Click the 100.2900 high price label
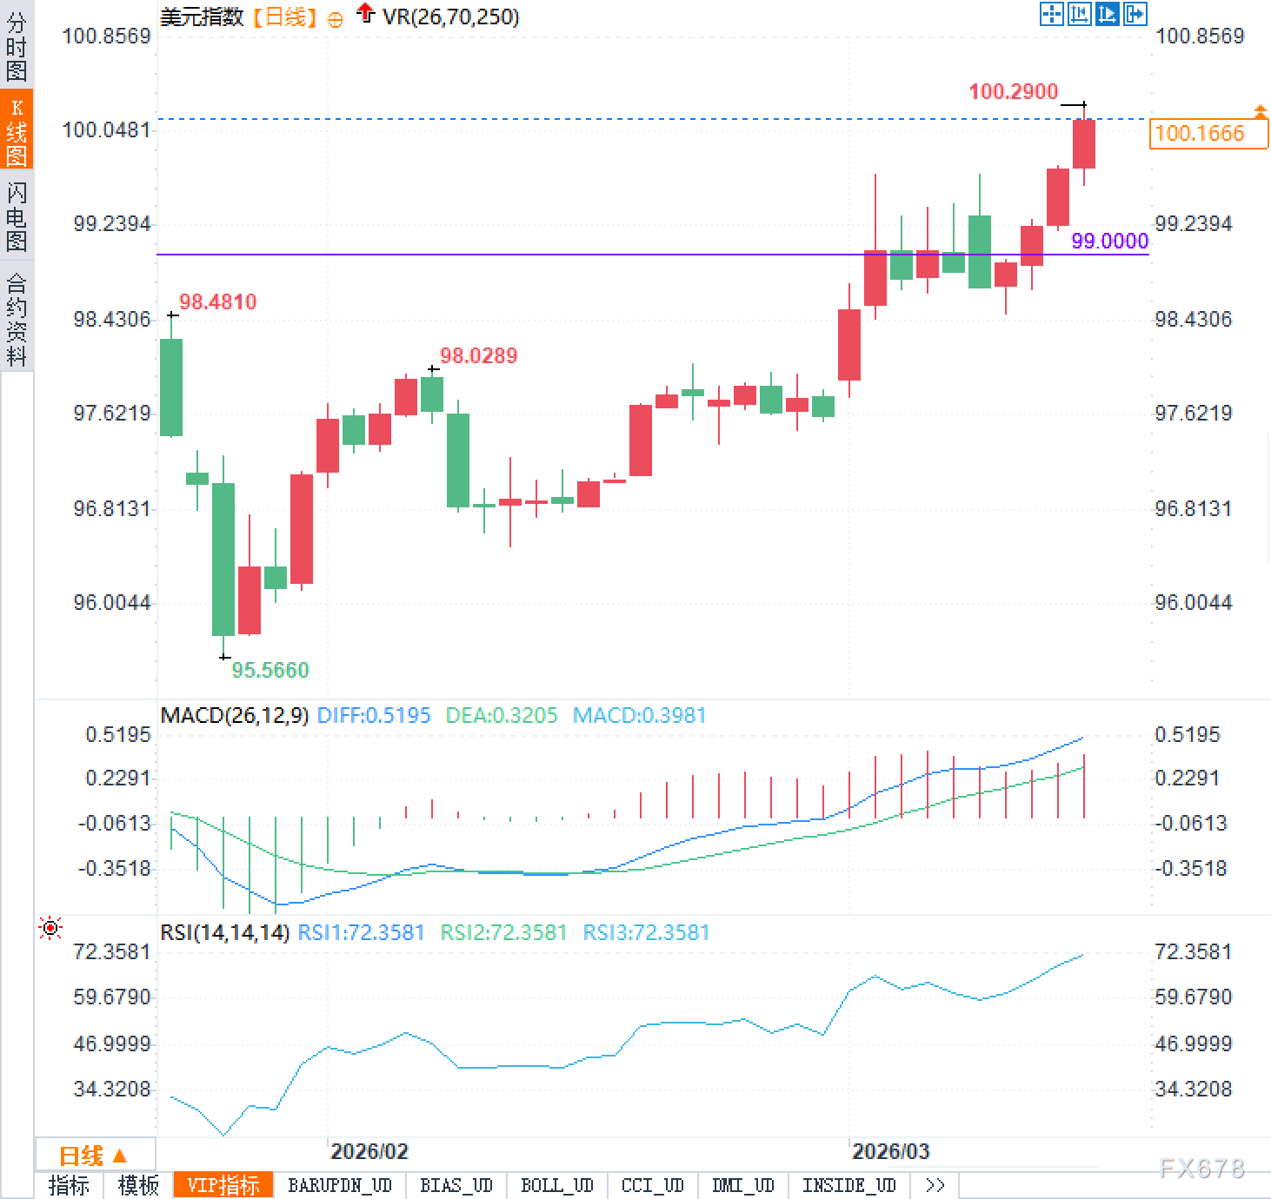click(x=1013, y=91)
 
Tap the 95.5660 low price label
click(x=270, y=670)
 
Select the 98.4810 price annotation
click(x=217, y=301)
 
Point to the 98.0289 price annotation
click(x=478, y=355)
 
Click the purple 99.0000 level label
click(x=1109, y=241)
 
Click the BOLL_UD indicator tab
click(x=556, y=1185)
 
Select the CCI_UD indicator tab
click(x=652, y=1185)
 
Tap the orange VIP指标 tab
click(x=223, y=1185)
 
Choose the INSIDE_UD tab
click(x=848, y=1185)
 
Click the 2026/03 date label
click(x=890, y=1151)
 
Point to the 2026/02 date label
click(x=369, y=1151)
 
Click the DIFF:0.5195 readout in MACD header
click(x=374, y=715)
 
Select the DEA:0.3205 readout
click(x=501, y=715)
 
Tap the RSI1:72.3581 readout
click(x=361, y=932)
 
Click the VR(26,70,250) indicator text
click(x=450, y=17)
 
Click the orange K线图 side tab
click(x=17, y=130)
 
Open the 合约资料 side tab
click(x=17, y=319)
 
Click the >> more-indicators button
click(x=935, y=1185)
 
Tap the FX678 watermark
click(x=1201, y=1169)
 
